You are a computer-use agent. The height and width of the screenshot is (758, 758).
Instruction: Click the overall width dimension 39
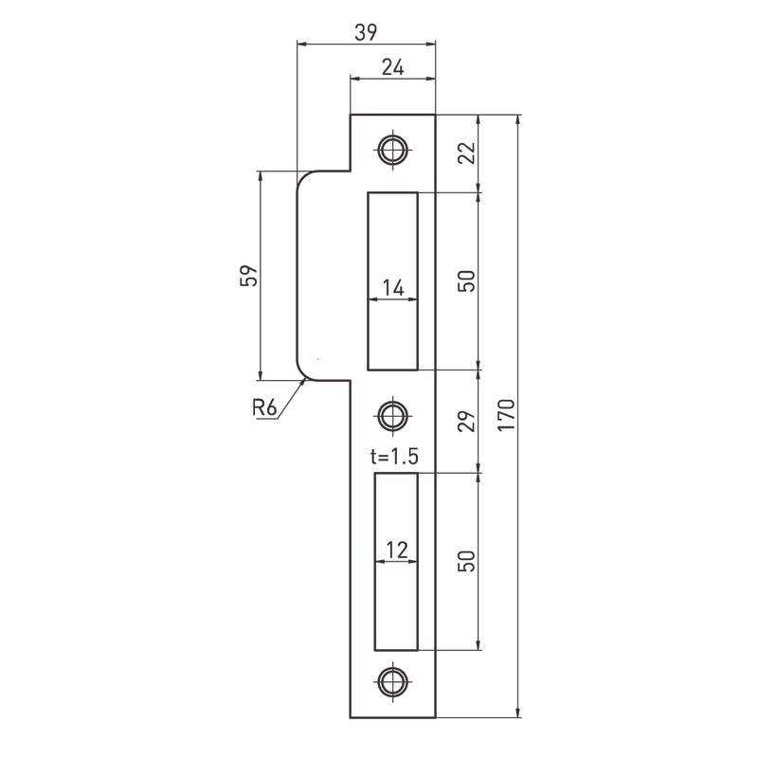coord(366,32)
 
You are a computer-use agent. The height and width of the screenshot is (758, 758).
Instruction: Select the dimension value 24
coord(392,67)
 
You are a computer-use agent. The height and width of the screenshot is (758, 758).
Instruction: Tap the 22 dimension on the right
coord(467,153)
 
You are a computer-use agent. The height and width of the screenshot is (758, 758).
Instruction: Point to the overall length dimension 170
coord(507,415)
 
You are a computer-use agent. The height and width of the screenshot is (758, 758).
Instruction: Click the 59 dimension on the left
coord(249,276)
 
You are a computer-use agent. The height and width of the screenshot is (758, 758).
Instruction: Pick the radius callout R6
coord(264,408)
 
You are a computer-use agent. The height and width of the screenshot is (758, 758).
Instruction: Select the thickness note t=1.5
coord(394,457)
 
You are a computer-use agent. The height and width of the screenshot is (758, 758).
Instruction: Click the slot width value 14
coord(393,288)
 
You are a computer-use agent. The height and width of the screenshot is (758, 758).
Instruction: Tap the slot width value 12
coord(397,550)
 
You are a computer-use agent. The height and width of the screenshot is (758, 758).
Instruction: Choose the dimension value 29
coord(467,421)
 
